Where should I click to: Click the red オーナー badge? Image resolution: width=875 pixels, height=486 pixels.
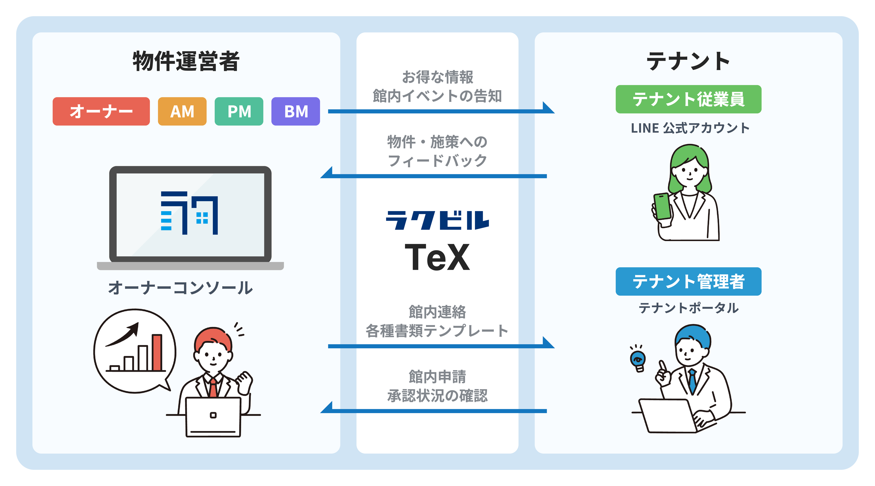pos(101,111)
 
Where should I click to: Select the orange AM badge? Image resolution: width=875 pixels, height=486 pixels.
pos(182,111)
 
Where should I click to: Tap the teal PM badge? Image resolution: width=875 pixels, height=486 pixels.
pos(239,111)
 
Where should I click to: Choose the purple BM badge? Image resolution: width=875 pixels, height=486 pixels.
pos(295,111)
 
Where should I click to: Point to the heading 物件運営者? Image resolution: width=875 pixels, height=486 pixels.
pos(186,61)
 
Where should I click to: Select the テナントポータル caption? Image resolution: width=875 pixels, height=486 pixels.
pos(689,308)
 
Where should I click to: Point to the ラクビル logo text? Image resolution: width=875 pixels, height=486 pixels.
pos(437,220)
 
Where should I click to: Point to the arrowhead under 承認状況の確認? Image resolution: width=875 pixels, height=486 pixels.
pos(327,408)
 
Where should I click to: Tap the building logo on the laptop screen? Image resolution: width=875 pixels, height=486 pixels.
pos(189,213)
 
